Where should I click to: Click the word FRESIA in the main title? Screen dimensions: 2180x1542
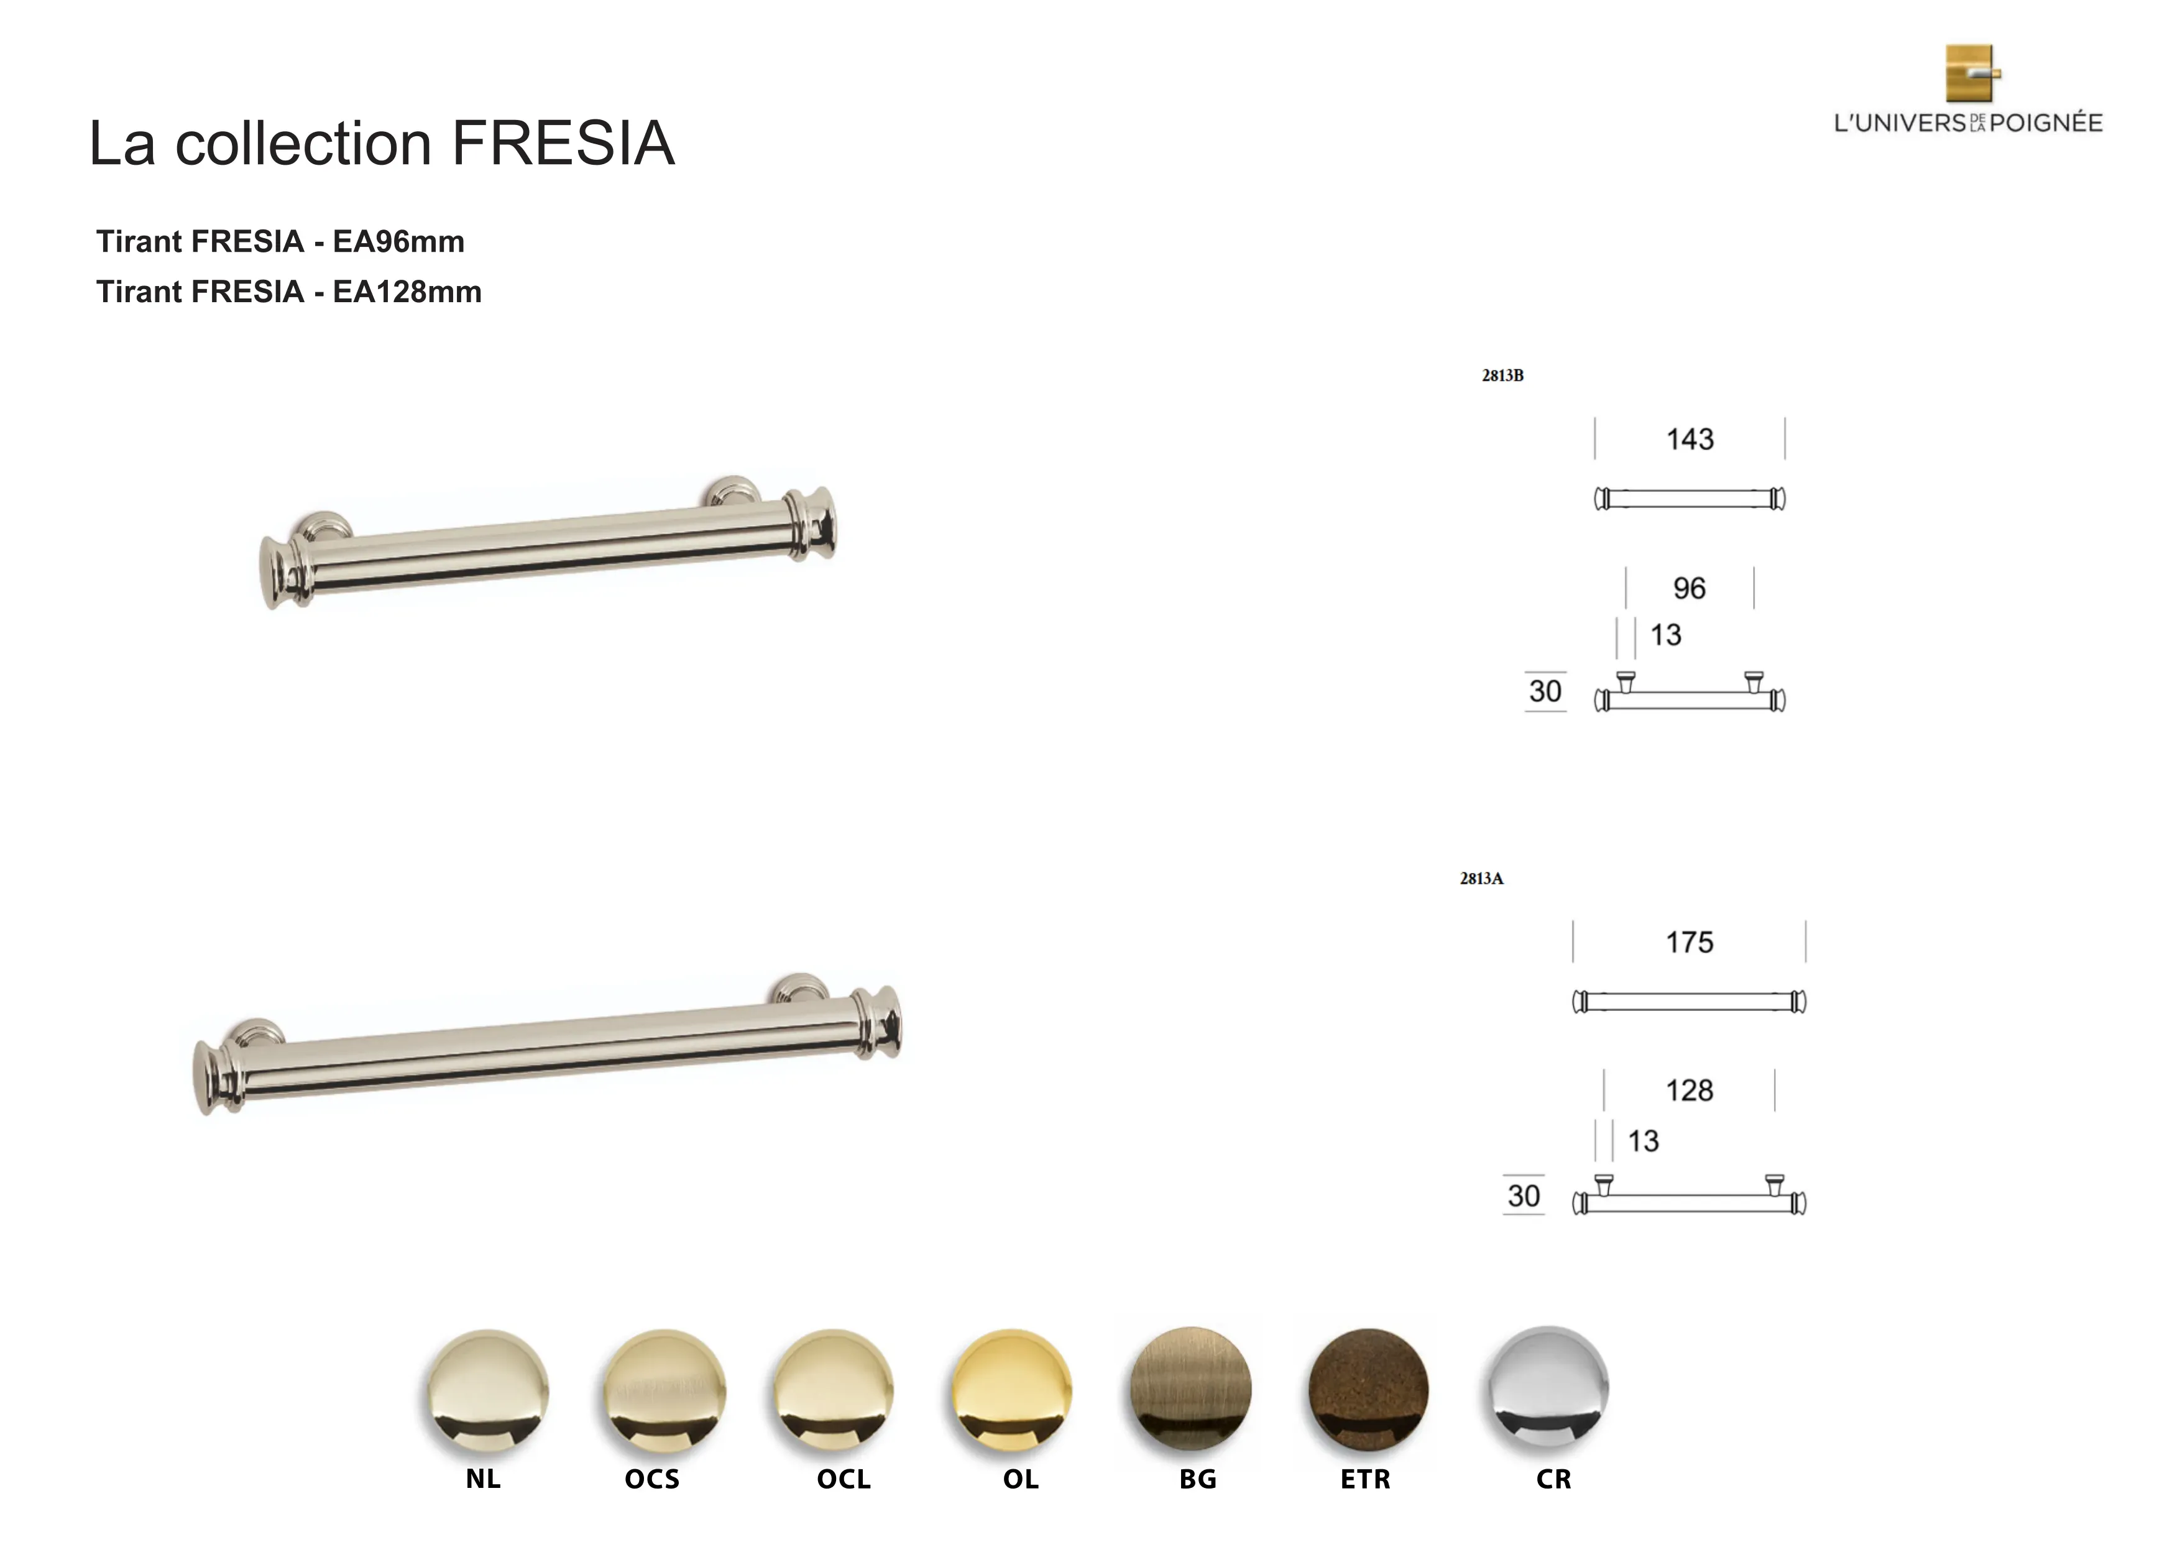(563, 144)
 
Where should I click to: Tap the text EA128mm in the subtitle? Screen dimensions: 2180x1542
(407, 292)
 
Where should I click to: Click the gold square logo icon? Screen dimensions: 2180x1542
(1973, 73)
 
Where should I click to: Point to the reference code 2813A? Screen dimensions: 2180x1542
(1481, 879)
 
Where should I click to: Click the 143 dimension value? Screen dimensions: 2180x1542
(1690, 440)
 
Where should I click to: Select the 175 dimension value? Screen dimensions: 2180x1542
(1690, 943)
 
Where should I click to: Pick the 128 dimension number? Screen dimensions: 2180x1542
(1690, 1091)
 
